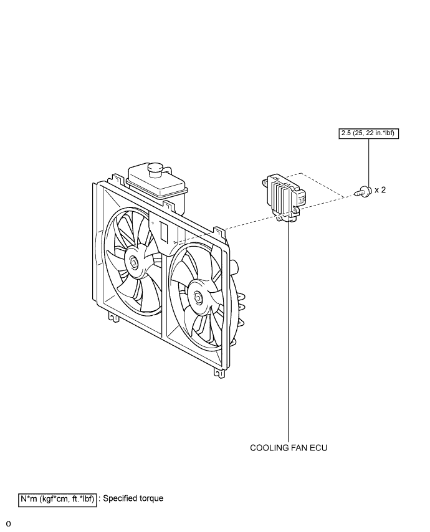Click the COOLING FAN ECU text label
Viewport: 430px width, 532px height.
click(x=289, y=447)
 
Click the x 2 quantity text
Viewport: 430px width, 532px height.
click(x=380, y=190)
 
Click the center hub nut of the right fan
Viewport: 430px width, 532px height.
click(x=198, y=298)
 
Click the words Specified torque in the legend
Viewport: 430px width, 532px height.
click(x=133, y=498)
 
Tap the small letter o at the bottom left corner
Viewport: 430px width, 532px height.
click(x=7, y=523)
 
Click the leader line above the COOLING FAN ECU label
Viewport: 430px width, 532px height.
click(x=289, y=330)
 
